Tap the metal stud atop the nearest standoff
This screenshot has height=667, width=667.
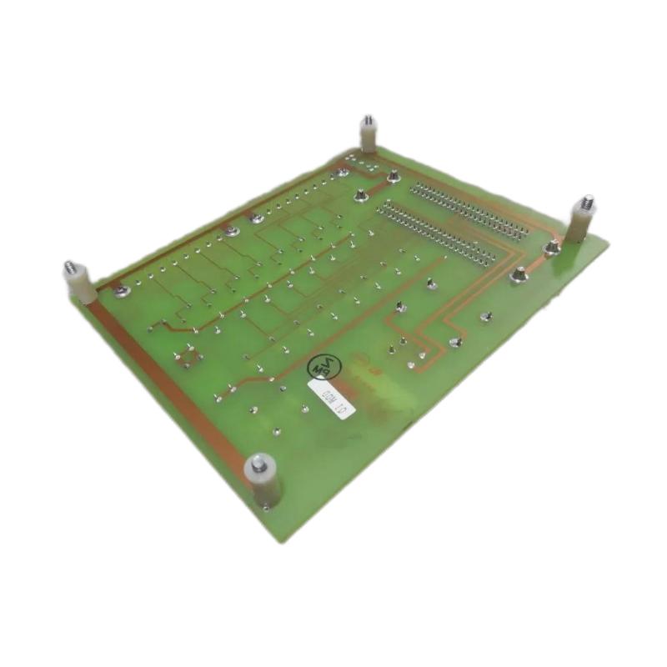(260, 461)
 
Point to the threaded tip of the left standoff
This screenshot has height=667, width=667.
(69, 268)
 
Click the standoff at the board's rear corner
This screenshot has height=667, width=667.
(367, 137)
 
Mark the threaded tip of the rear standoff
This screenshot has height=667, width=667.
(366, 121)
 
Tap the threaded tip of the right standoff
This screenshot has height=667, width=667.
(586, 201)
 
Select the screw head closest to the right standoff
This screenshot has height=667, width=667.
(551, 248)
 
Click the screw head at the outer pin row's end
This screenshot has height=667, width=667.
(393, 176)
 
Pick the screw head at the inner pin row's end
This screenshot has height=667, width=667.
(359, 197)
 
